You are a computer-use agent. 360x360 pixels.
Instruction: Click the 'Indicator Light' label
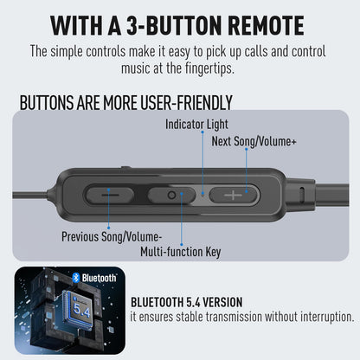pos(197,125)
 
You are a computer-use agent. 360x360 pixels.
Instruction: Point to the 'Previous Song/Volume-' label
pos(112,235)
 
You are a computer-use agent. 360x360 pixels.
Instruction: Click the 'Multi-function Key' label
pos(181,252)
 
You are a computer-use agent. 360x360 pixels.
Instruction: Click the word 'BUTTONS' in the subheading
pos(47,103)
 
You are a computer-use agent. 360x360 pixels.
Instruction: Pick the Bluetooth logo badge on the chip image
pos(94,278)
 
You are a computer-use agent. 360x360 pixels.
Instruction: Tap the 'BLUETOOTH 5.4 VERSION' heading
pos(186,302)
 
